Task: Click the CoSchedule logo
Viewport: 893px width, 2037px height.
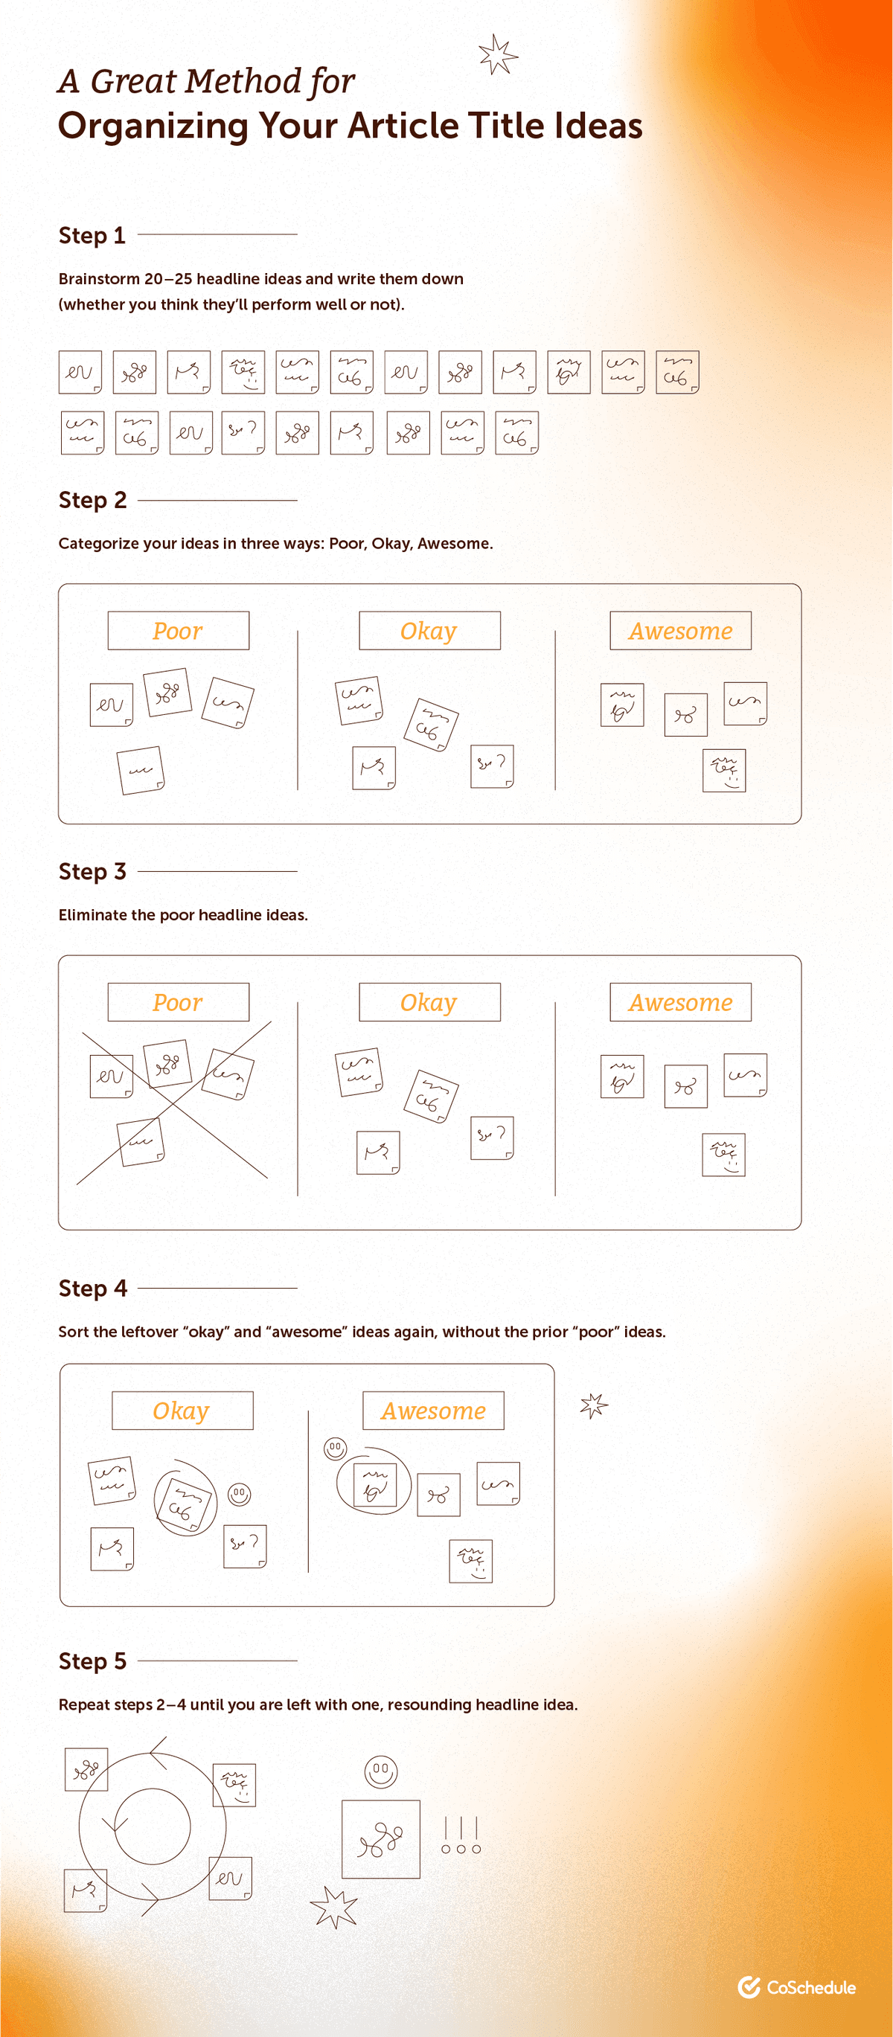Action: [796, 1987]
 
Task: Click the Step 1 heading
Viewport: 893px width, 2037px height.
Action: [92, 236]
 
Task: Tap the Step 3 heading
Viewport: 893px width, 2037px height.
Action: [92, 871]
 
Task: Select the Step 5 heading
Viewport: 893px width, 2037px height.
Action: [92, 1661]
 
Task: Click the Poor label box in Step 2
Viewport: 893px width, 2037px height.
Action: [178, 631]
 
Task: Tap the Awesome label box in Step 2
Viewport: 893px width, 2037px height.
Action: [680, 631]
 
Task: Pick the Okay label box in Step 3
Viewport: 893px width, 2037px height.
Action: [429, 1003]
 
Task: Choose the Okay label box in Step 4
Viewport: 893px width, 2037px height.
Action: [182, 1411]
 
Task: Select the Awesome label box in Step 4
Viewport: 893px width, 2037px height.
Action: [432, 1411]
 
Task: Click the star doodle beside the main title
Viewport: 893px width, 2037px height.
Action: [498, 54]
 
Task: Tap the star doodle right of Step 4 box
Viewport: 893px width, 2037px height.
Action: [593, 1405]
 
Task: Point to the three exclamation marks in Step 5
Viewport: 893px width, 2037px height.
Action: [461, 1835]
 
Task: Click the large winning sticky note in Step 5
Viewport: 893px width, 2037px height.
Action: [380, 1839]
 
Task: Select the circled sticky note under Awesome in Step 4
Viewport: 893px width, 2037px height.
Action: [374, 1484]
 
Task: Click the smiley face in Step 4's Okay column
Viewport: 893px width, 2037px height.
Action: [239, 1494]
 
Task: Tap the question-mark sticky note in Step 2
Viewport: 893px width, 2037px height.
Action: [491, 766]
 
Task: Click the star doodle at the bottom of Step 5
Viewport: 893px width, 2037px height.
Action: [334, 1908]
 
